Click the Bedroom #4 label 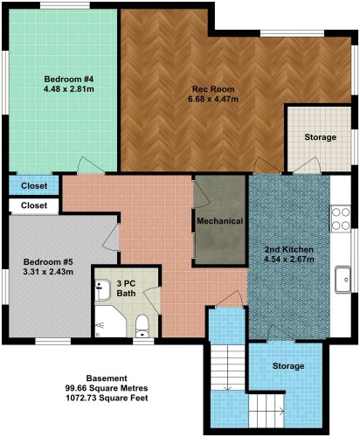point(69,79)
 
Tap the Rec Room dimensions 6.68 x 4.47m point(213,99)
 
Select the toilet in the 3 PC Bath point(142,326)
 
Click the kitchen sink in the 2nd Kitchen point(343,280)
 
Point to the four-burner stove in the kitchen point(341,218)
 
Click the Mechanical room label point(219,221)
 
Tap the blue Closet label point(34,185)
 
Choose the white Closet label point(34,205)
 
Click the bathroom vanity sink point(102,290)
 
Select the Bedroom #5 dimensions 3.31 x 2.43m point(48,272)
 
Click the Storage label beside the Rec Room point(320,137)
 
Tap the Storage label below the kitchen point(288,366)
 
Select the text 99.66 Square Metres point(107,388)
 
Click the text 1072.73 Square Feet point(107,398)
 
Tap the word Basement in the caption point(107,378)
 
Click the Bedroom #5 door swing point(112,237)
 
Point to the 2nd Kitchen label point(288,249)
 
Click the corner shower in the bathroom point(110,322)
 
